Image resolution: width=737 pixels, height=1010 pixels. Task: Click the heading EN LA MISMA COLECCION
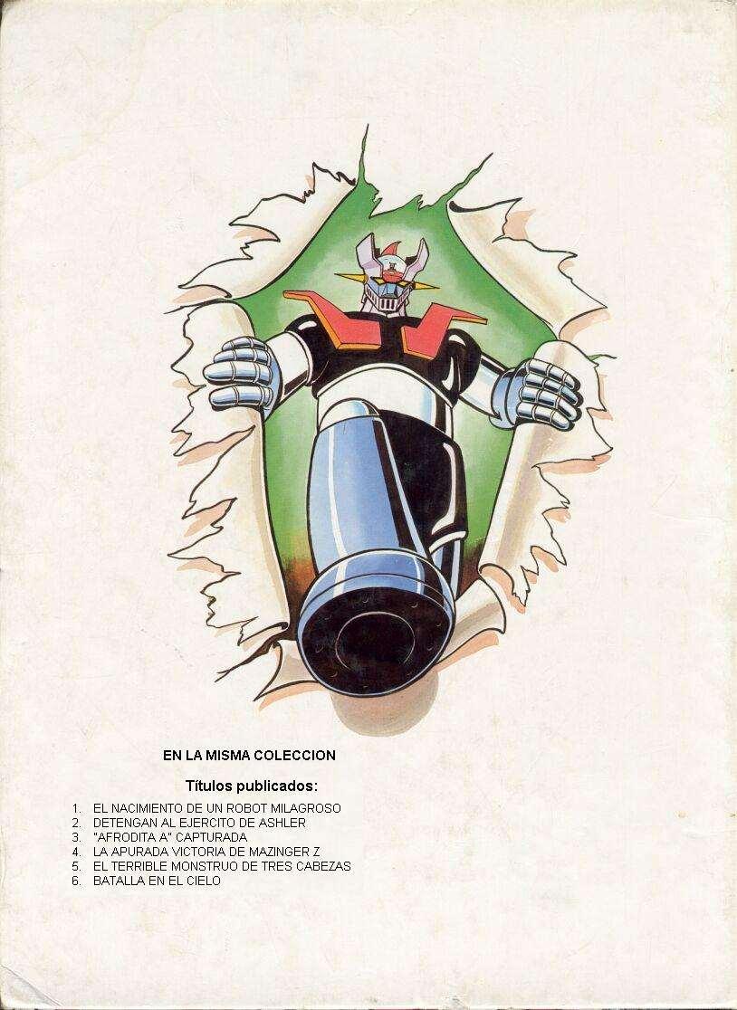pos(249,755)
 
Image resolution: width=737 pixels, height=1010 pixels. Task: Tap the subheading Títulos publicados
pos(252,784)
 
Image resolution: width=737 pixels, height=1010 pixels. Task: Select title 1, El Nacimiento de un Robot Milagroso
pos(216,808)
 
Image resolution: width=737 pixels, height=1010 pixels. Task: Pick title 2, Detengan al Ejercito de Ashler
pos(199,823)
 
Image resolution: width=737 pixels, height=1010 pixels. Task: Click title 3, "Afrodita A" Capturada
pos(169,837)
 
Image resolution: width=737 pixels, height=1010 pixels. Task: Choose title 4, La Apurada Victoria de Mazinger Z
pos(206,852)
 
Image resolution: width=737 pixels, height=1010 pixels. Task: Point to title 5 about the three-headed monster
pos(222,866)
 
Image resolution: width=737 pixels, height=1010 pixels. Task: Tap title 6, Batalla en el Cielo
pos(156,881)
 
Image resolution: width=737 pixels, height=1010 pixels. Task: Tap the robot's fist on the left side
pos(239,370)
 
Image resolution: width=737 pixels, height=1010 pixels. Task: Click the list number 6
pos(77,881)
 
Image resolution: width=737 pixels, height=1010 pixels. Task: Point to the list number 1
pos(77,808)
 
